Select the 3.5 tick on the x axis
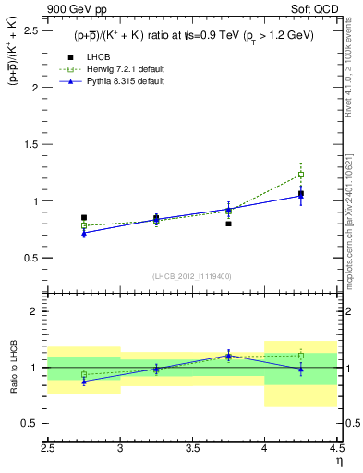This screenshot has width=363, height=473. pyautogui.click(x=192, y=448)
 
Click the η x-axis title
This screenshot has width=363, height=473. pyautogui.click(x=338, y=461)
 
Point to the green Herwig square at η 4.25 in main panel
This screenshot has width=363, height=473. pyautogui.click(x=300, y=175)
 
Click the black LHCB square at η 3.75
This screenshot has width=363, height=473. pyautogui.click(x=228, y=224)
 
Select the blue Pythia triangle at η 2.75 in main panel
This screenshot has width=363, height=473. pyautogui.click(x=84, y=233)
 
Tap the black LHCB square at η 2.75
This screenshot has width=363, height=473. pyautogui.click(x=84, y=218)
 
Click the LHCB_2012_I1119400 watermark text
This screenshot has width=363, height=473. pyautogui.click(x=192, y=276)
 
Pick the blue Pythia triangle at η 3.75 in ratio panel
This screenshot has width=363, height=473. pyautogui.click(x=228, y=355)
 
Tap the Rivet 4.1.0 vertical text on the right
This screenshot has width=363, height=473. pyautogui.click(x=354, y=65)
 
